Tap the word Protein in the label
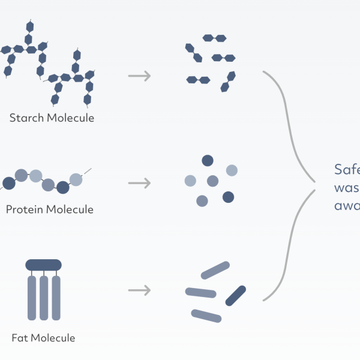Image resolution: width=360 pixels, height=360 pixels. tap(25, 209)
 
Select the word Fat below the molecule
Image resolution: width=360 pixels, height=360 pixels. tap(20, 338)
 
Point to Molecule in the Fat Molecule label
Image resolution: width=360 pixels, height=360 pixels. tap(53, 338)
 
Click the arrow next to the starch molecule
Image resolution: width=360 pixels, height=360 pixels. tap(139, 76)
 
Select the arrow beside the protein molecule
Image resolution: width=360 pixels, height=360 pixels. tap(139, 182)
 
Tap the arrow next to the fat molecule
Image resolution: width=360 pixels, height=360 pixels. tap(139, 290)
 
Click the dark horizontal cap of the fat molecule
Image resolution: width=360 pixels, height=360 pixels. tap(43, 264)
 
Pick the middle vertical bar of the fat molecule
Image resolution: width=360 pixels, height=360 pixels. tap(43, 298)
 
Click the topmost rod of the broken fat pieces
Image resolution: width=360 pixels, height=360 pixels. tap(215, 271)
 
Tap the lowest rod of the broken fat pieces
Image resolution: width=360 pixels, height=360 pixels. tap(206, 316)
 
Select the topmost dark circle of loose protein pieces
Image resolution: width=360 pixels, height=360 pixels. tap(208, 160)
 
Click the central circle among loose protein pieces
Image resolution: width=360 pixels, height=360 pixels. tap(212, 181)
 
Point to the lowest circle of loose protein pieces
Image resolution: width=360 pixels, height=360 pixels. tap(202, 201)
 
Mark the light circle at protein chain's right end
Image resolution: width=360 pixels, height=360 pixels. tap(76, 179)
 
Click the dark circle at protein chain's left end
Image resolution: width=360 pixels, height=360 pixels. tap(8, 182)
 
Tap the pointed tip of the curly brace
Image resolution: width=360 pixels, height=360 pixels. tap(315, 182)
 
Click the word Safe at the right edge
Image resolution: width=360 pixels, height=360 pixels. tap(347, 170)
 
